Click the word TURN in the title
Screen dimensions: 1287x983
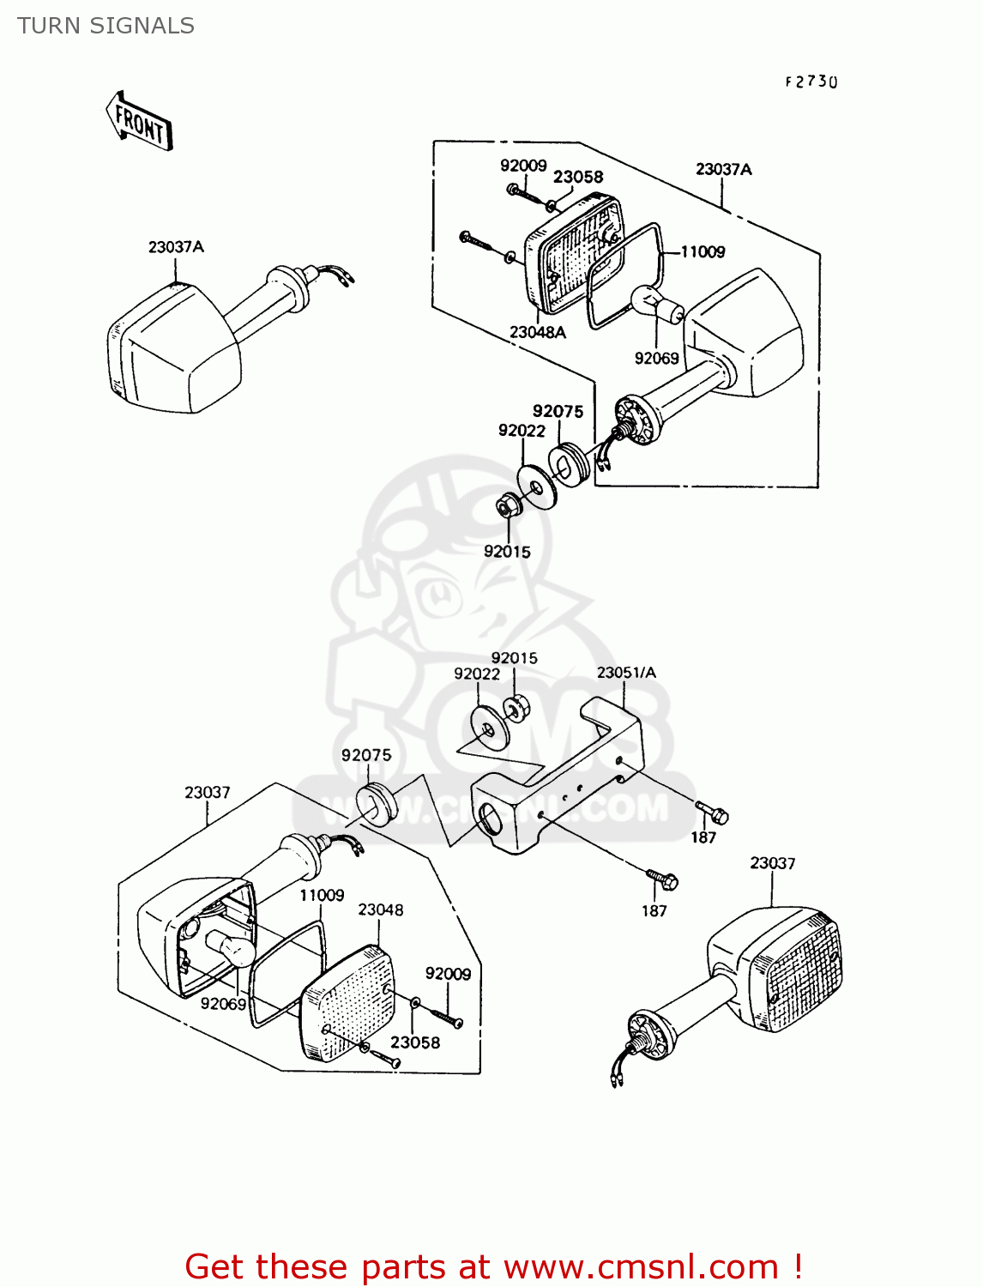(x=48, y=27)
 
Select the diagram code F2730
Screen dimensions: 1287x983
(x=811, y=82)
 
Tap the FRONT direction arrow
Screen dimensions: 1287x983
(x=139, y=124)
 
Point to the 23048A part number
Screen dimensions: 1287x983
(x=538, y=332)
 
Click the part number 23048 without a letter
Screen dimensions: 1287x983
(x=380, y=909)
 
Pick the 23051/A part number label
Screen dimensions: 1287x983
(x=626, y=673)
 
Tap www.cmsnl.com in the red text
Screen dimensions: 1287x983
(x=641, y=1266)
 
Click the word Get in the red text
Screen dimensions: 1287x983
(x=215, y=1266)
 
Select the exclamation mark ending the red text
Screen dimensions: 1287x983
(x=797, y=1266)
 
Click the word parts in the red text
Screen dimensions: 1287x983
(x=399, y=1266)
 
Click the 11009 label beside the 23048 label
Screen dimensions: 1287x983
(x=322, y=895)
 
